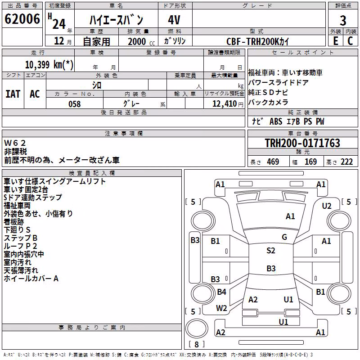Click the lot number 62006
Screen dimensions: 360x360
coord(22,19)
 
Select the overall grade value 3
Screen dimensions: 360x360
coord(343,21)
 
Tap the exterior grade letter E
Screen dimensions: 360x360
coord(336,41)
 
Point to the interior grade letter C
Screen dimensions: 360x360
coord(350,41)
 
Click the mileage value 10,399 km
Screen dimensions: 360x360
coord(49,64)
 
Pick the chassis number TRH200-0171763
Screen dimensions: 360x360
coord(302,143)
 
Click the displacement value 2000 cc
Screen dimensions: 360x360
coord(141,41)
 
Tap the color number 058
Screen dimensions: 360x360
coord(75,104)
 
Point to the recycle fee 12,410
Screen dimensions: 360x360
coord(225,104)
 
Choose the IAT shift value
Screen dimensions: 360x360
coord(13,94)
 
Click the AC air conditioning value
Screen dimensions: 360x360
coord(35,94)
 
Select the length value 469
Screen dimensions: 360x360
coord(273,162)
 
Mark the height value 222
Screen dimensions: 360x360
coord(346,162)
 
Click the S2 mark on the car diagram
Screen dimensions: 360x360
coord(271,251)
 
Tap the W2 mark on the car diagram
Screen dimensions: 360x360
coord(221,308)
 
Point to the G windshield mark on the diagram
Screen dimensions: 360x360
coord(284,237)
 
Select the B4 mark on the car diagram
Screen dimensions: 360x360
coord(221,292)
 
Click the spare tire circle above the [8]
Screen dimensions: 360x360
coord(197,328)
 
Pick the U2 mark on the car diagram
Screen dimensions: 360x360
coord(327,206)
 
